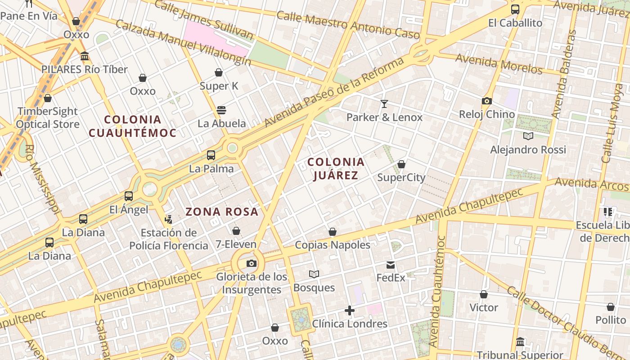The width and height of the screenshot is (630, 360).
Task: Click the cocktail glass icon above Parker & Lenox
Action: pos(384,104)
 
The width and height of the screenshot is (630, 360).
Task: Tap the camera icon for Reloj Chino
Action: pos(486,101)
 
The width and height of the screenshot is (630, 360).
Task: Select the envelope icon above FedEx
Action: pos(391,265)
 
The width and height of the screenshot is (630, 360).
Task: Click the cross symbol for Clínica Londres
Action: pos(350,310)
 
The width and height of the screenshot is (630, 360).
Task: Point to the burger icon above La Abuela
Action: pos(221,110)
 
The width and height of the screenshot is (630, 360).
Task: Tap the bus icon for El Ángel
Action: pos(129,196)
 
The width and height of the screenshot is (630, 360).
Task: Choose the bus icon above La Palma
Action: pos(211,155)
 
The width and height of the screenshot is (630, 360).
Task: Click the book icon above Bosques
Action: pos(314,274)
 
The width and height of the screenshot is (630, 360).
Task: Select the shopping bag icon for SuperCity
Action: pos(401,164)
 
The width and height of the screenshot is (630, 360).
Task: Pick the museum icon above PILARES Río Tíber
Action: pos(85,56)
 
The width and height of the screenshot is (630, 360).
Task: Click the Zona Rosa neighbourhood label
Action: pos(222,211)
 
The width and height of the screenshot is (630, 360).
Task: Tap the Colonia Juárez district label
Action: pos(336,168)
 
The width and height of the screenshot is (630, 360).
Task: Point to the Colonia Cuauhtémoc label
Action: pos(133,126)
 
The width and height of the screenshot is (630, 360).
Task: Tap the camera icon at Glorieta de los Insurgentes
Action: pos(252,263)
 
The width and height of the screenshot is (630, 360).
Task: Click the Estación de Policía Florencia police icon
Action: pos(169,220)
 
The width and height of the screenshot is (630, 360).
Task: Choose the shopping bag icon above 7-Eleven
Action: pos(236,231)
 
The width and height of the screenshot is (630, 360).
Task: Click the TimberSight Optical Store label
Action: pos(48,118)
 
